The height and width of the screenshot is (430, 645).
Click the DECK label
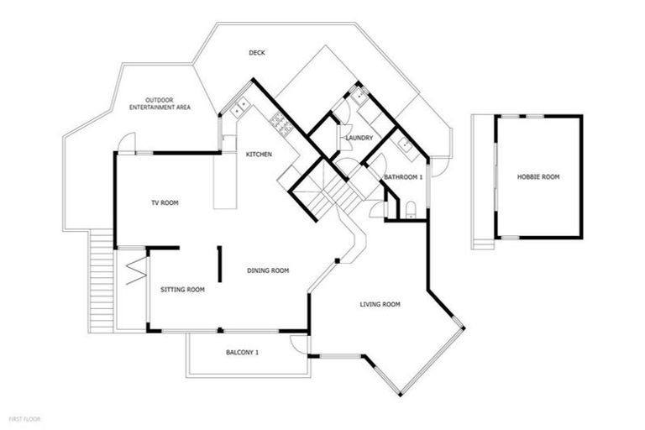257,53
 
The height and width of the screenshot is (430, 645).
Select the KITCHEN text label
259,155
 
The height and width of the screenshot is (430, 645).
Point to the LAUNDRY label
359,138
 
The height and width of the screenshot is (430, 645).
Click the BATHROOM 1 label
403,177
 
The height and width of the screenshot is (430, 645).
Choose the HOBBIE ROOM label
538,177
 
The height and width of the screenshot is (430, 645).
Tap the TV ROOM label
165,202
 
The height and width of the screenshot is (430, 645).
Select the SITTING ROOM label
182,290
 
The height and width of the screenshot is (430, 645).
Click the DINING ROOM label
268,270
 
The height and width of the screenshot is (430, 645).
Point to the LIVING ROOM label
380,304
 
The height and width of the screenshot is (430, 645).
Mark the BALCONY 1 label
243,353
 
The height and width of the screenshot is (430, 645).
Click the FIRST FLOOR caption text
24,417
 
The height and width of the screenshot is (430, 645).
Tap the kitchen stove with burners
280,126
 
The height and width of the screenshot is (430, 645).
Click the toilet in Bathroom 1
411,209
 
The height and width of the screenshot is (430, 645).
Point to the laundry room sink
362,96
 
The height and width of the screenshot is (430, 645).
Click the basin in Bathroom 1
405,144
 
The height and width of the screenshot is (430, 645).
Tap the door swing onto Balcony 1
299,343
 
